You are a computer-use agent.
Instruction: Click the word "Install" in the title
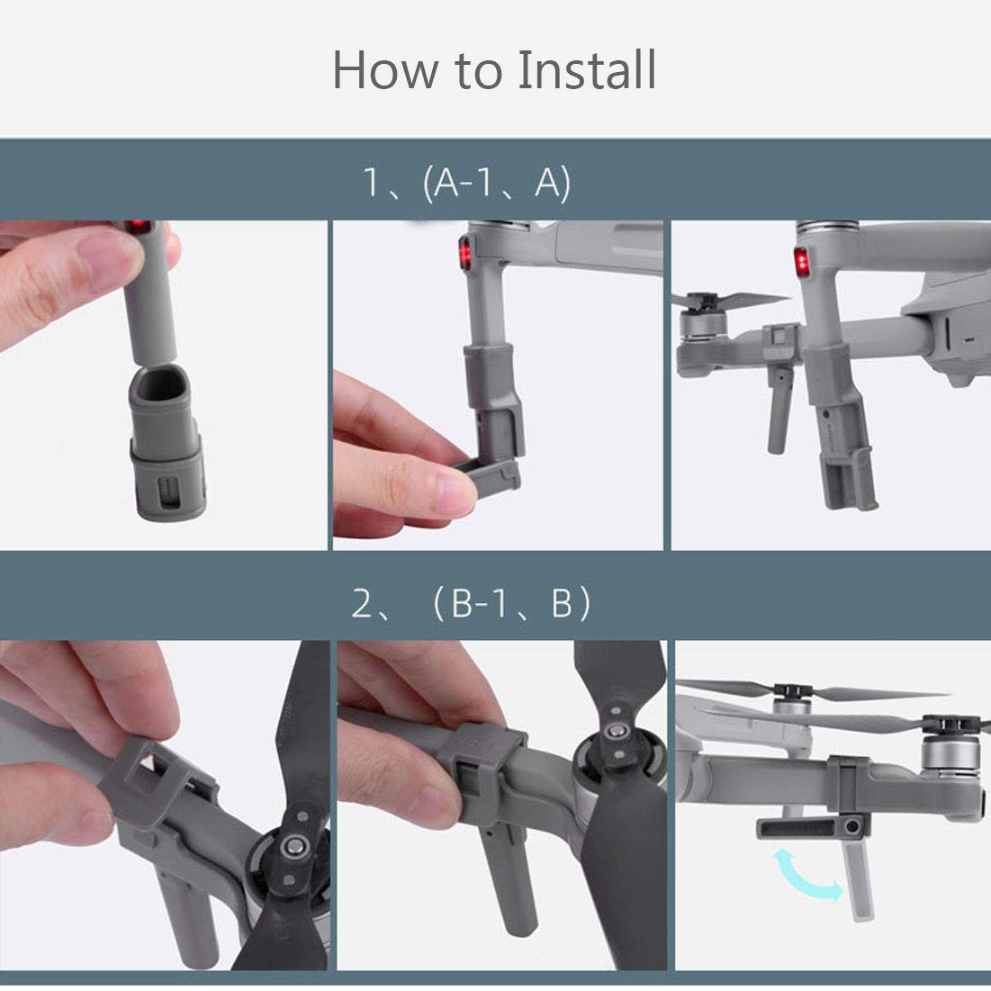pos(587,69)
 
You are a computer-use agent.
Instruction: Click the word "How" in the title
pos(385,70)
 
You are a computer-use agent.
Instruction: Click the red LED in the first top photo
pos(138,226)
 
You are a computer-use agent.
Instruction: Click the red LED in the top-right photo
pos(801,262)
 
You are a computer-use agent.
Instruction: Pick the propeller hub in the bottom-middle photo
pos(612,732)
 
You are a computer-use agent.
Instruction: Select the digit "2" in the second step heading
pos(362,603)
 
